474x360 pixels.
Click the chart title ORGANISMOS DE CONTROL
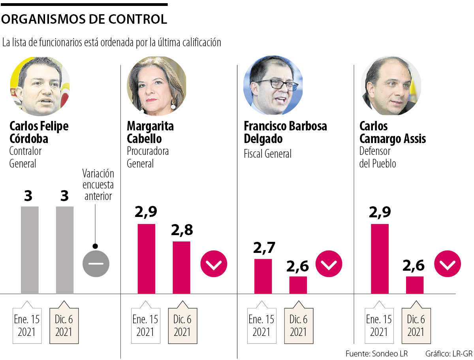coord(84,19)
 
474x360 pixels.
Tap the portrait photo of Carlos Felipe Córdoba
coord(40,86)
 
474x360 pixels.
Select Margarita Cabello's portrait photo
coord(156,86)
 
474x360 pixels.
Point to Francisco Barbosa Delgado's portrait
coord(273,86)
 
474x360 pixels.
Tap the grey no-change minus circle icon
coord(96,263)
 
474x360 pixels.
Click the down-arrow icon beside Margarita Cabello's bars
coord(214,263)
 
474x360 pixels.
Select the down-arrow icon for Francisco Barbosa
coord(329,263)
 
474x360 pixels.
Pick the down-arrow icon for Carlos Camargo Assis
coord(448,263)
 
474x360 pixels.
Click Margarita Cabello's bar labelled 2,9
coord(147,259)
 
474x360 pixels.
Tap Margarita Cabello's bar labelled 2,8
coord(181,268)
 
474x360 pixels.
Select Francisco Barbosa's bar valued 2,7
coord(263,276)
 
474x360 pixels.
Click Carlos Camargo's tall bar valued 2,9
coord(380,259)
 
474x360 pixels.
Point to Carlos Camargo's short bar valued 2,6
coord(415,285)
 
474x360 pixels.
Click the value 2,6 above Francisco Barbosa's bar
coord(298,267)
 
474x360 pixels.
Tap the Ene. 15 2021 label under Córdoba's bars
coord(27,325)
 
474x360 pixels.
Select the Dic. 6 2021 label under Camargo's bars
coord(416,325)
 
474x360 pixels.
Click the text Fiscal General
coord(267,153)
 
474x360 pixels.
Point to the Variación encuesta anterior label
coord(98,185)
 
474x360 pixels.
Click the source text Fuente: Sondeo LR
coord(376,353)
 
